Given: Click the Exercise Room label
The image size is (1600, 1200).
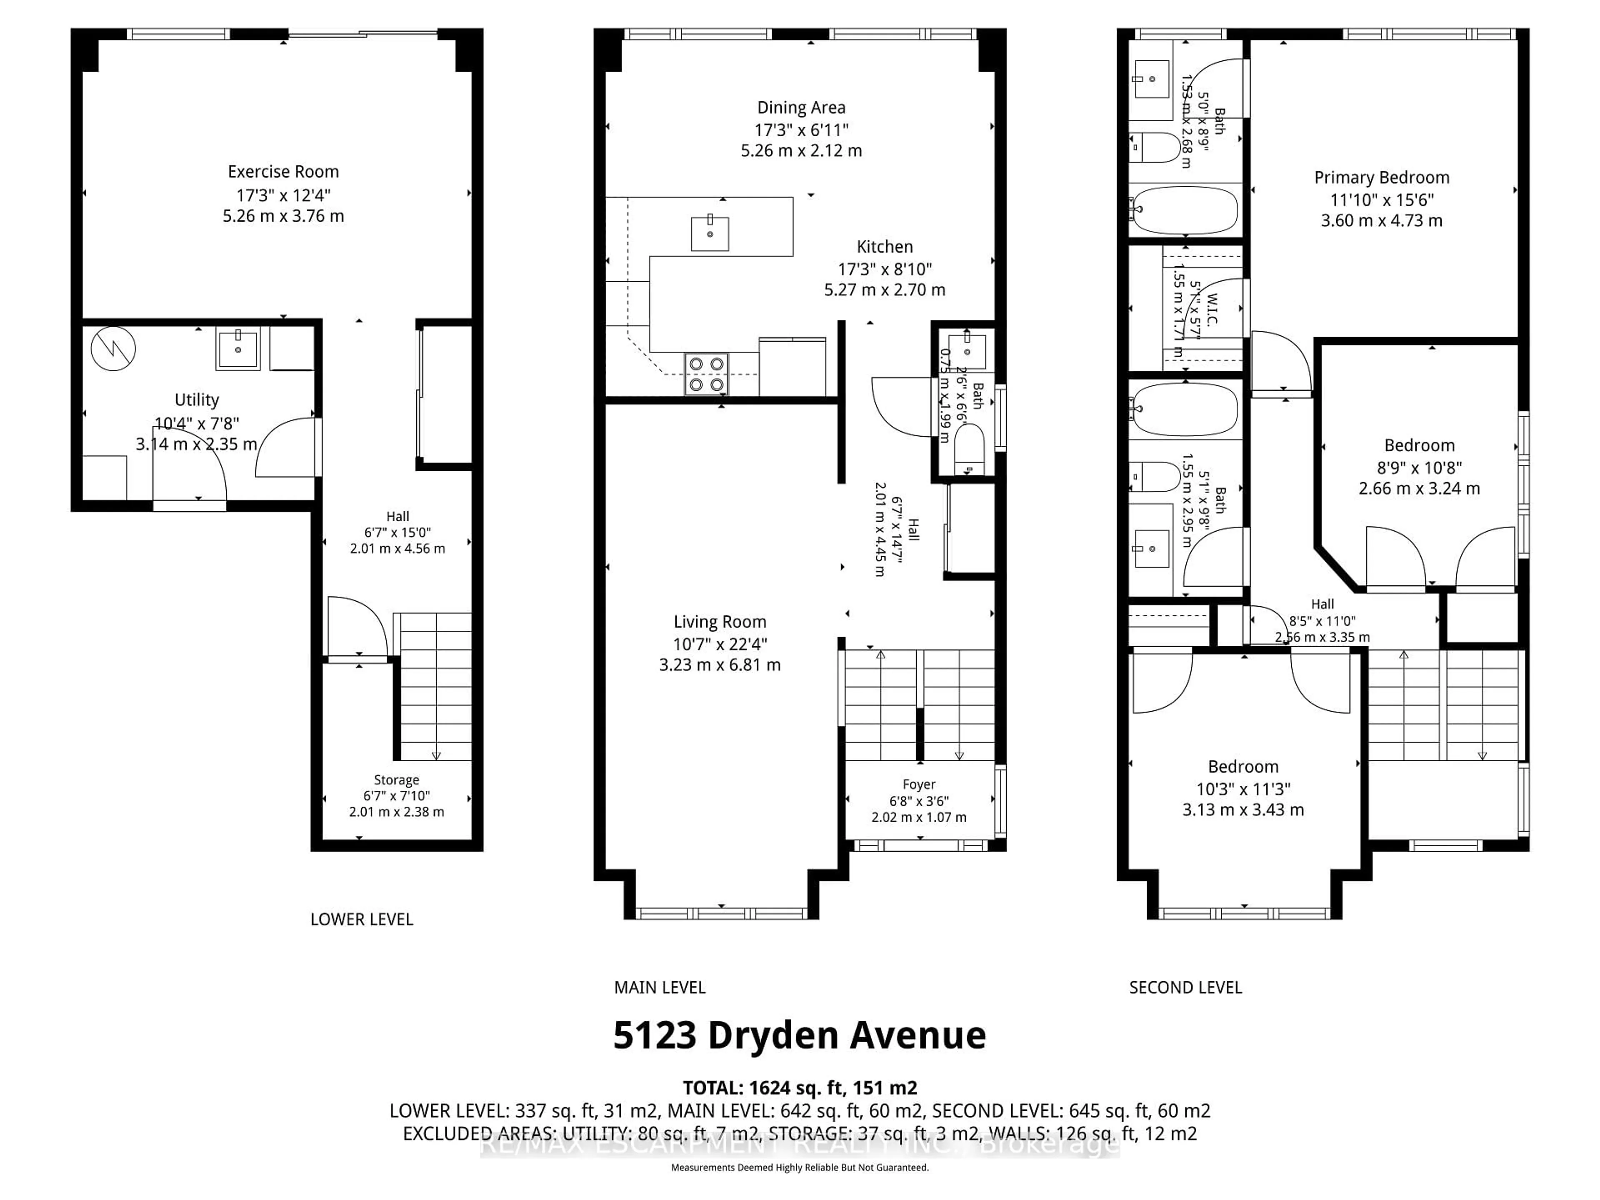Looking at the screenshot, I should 283,171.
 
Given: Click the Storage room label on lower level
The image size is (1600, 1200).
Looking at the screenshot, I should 396,780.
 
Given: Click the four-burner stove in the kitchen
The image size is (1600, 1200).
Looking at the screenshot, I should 706,374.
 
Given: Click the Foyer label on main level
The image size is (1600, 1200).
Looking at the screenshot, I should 919,784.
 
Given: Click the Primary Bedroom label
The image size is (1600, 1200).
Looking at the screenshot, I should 1381,177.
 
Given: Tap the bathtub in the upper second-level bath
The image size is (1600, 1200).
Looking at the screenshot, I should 1184,210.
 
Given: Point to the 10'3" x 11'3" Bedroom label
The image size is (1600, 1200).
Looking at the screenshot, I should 1242,767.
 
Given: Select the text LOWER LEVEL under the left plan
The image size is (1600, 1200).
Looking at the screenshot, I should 362,919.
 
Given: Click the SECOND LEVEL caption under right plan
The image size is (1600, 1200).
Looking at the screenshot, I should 1185,987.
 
